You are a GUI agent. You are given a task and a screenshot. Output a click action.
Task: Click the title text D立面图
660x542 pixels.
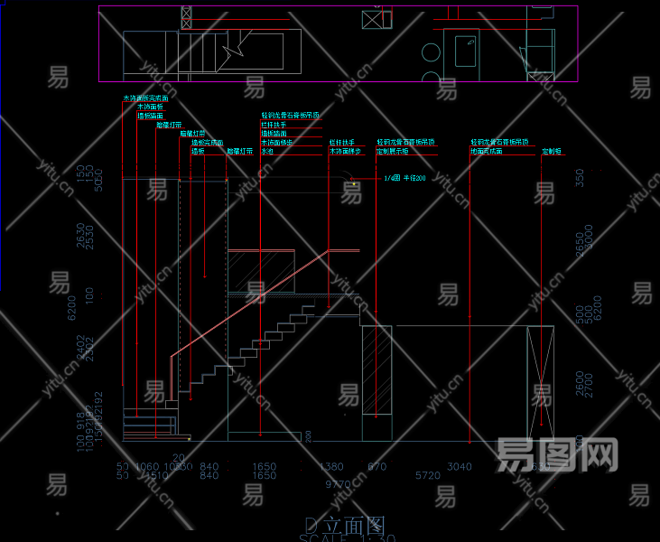(x=345, y=526)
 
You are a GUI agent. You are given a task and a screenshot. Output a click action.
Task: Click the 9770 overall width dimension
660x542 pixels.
(x=338, y=485)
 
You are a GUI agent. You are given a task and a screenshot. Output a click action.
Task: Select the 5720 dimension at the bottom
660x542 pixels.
(x=427, y=475)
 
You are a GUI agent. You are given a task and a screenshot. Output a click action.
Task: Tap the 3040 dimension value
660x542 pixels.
(x=459, y=466)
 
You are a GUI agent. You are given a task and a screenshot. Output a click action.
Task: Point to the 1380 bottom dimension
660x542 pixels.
(x=331, y=466)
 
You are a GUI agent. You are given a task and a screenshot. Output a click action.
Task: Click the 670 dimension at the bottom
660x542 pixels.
(x=376, y=466)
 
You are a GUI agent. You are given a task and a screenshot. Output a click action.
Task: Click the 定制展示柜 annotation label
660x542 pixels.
(x=394, y=152)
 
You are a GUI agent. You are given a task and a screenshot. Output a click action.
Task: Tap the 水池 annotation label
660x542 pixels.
(x=267, y=152)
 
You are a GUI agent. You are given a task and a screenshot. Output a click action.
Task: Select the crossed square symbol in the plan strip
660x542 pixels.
(x=372, y=19)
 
